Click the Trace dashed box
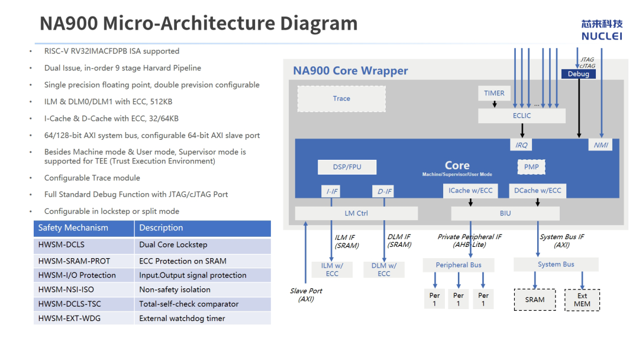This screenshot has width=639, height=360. (341, 99)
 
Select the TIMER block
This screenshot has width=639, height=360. (494, 94)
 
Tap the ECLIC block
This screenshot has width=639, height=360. (522, 116)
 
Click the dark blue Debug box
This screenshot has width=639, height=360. (578, 74)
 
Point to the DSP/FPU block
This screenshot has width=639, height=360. (347, 167)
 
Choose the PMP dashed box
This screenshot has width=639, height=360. (531, 167)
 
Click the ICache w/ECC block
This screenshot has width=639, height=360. (470, 191)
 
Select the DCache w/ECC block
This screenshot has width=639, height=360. (537, 191)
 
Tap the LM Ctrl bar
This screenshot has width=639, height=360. (356, 213)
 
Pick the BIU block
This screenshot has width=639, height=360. (505, 213)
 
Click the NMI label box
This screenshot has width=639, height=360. (601, 144)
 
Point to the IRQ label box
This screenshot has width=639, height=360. (521, 144)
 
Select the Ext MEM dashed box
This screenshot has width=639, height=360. (582, 300)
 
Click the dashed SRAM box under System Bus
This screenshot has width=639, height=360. (535, 300)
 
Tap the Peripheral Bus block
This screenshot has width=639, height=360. (459, 265)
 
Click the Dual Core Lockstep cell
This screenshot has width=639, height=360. (202, 245)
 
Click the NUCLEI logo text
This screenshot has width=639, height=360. (602, 36)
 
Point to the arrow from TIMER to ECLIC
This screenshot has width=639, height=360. (494, 104)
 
